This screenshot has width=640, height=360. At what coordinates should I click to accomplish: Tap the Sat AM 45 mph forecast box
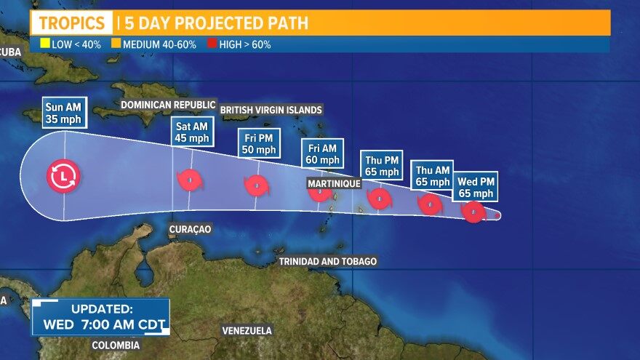tap(192, 132)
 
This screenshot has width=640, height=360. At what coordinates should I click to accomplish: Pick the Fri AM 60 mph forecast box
tap(321, 153)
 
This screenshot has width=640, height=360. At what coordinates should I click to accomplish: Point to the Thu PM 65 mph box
tap(381, 166)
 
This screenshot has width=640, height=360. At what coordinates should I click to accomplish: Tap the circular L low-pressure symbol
tap(65, 176)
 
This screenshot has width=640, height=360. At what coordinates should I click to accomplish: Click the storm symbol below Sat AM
tap(189, 180)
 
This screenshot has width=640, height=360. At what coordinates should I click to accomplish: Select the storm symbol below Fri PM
tap(256, 185)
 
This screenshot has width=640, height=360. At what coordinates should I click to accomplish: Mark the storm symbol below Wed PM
tap(473, 212)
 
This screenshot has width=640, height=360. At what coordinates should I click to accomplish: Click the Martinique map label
tap(334, 183)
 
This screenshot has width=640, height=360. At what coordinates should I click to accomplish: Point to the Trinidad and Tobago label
tap(329, 261)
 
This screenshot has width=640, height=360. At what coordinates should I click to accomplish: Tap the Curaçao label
tap(190, 229)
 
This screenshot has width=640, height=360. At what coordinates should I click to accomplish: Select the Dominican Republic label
tap(168, 104)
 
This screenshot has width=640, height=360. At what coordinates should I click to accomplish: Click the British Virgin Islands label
tap(271, 110)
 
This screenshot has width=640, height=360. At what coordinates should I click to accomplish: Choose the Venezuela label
tap(247, 331)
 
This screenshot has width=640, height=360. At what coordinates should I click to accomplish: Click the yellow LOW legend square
tap(44, 44)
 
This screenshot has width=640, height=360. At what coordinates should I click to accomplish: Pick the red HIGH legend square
tap(212, 44)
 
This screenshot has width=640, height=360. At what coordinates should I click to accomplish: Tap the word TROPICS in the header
tap(71, 23)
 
